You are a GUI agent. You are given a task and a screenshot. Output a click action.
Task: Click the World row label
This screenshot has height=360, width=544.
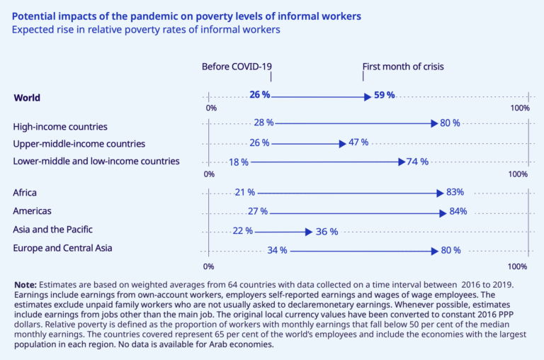(x=28, y=98)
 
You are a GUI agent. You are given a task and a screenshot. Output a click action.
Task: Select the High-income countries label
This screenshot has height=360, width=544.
(x=60, y=126)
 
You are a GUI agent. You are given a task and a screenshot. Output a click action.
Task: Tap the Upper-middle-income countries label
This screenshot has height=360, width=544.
(x=79, y=143)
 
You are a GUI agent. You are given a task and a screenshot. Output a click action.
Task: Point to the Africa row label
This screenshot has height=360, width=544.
(x=25, y=192)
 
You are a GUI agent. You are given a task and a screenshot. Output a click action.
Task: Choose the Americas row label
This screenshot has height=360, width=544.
(x=33, y=211)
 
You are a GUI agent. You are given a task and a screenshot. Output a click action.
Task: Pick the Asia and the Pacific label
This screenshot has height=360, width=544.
(x=53, y=230)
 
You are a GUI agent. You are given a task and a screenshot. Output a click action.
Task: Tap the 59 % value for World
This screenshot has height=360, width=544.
(x=384, y=95)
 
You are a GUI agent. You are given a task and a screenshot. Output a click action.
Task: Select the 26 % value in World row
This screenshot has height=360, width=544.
(x=259, y=95)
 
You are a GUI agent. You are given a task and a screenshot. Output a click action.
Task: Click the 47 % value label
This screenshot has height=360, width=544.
(x=358, y=142)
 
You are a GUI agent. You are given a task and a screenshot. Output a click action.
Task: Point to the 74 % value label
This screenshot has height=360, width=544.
(x=418, y=162)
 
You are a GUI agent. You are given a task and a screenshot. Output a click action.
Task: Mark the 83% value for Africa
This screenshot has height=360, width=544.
(x=455, y=192)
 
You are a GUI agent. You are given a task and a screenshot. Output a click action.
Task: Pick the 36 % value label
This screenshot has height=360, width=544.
(x=327, y=232)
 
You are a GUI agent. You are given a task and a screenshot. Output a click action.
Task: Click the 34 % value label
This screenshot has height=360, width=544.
(x=277, y=250)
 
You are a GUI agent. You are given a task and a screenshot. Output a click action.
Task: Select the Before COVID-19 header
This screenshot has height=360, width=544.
(x=237, y=67)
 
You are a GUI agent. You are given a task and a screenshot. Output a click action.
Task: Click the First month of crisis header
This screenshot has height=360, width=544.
(x=403, y=67)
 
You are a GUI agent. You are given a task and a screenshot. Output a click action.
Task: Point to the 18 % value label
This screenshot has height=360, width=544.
(x=239, y=162)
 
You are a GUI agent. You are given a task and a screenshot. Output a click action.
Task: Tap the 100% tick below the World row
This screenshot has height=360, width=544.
(x=520, y=108)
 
